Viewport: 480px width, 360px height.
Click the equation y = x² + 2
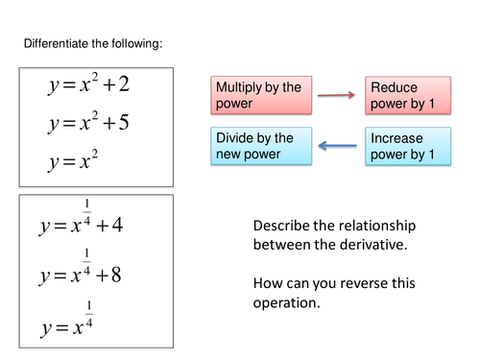pos(89,85)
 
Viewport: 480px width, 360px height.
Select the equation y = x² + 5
pos(89,124)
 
